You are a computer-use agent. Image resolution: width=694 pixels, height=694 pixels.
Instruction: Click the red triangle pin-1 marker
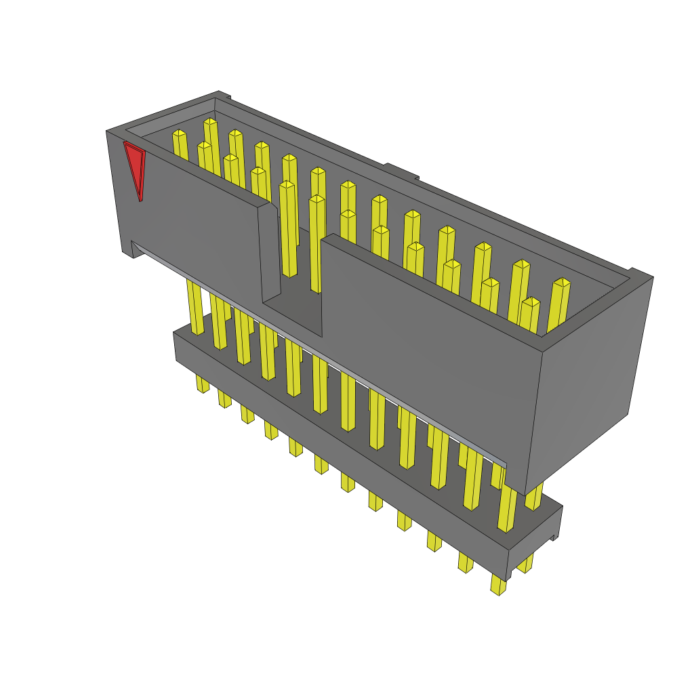pos(135,168)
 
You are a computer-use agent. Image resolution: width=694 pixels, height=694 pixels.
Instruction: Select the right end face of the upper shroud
pos(588,380)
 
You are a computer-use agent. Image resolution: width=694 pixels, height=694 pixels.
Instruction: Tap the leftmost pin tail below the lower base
pos(202,384)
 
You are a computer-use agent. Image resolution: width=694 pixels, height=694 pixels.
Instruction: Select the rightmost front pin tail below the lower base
pos(498,584)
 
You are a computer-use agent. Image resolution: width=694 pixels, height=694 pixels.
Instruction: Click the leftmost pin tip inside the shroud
pos(179,134)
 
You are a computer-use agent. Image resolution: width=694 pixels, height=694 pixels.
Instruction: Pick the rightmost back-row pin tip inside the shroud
pos(561,283)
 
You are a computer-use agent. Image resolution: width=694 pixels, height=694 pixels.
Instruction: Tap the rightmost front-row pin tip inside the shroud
pos(531,302)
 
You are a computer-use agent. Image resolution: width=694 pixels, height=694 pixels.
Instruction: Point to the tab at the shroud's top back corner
pos(224,96)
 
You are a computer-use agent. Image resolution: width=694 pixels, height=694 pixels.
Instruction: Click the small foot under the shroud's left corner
pos(127,252)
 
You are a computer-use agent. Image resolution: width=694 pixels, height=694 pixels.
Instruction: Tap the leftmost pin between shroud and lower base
pos(195,308)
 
